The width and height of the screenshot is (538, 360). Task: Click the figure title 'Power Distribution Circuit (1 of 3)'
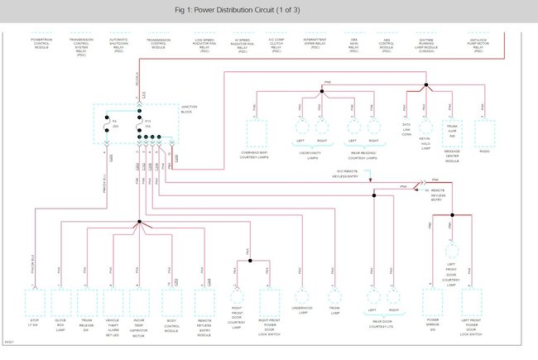point(268,10)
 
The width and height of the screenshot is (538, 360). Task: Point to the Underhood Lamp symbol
point(301,295)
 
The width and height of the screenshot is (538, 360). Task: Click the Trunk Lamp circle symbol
point(334,295)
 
